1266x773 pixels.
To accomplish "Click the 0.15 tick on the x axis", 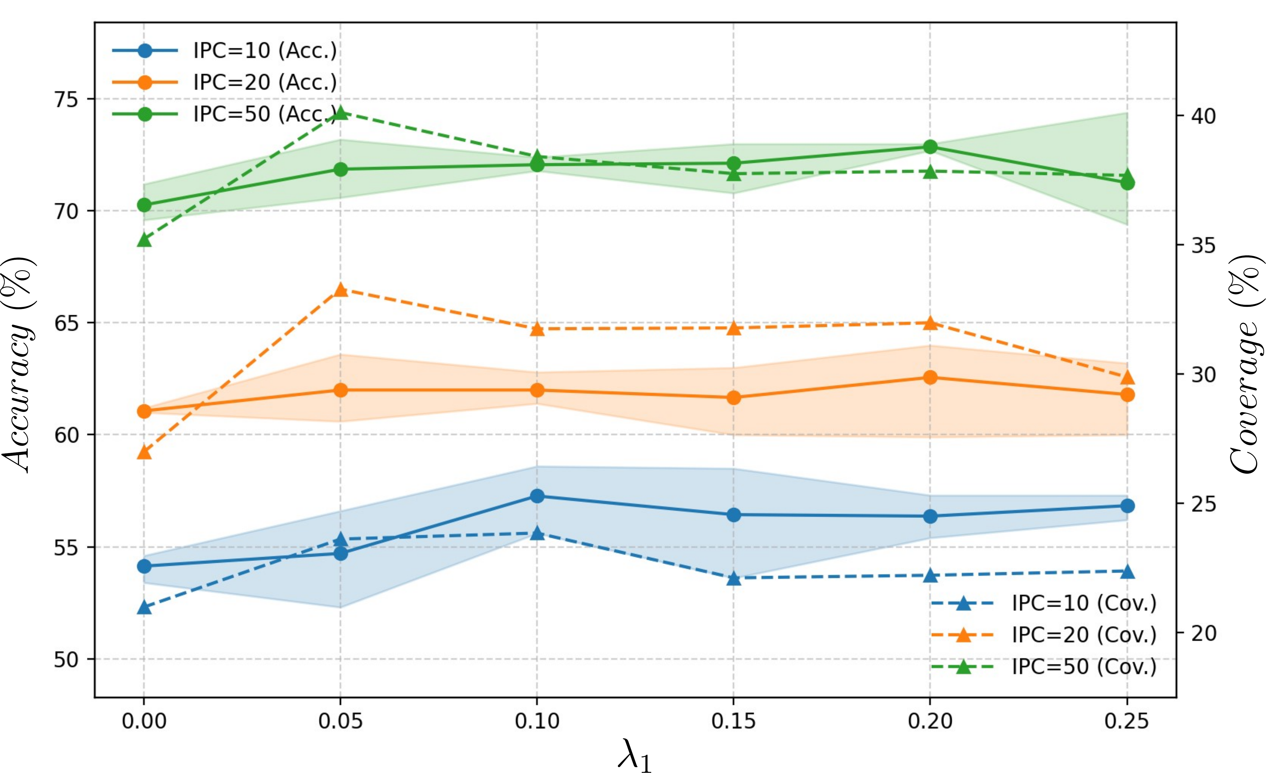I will point(733,721).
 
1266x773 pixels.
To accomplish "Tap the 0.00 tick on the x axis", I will point(144,721).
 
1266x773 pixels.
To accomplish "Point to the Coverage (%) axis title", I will point(1246,365).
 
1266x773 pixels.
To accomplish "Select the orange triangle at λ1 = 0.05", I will point(340,290).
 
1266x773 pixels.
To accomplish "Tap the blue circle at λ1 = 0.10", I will point(537,496).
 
